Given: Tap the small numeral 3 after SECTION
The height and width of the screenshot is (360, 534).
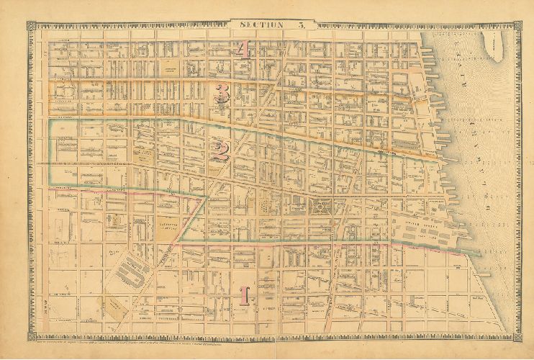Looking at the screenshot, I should point(302,26).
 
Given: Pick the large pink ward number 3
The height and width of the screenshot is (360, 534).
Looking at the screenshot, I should point(223,94).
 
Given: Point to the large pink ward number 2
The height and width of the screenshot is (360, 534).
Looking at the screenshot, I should point(220,150).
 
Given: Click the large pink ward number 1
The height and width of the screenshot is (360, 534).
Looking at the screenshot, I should point(244,295).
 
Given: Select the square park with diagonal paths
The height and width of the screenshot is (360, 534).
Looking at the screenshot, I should point(319,209).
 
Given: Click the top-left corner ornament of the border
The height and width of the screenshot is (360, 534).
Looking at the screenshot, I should point(32,26).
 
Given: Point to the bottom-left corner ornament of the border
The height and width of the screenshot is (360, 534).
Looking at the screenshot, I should point(32,335).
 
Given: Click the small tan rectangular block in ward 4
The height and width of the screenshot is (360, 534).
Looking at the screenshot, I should point(171,68).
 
